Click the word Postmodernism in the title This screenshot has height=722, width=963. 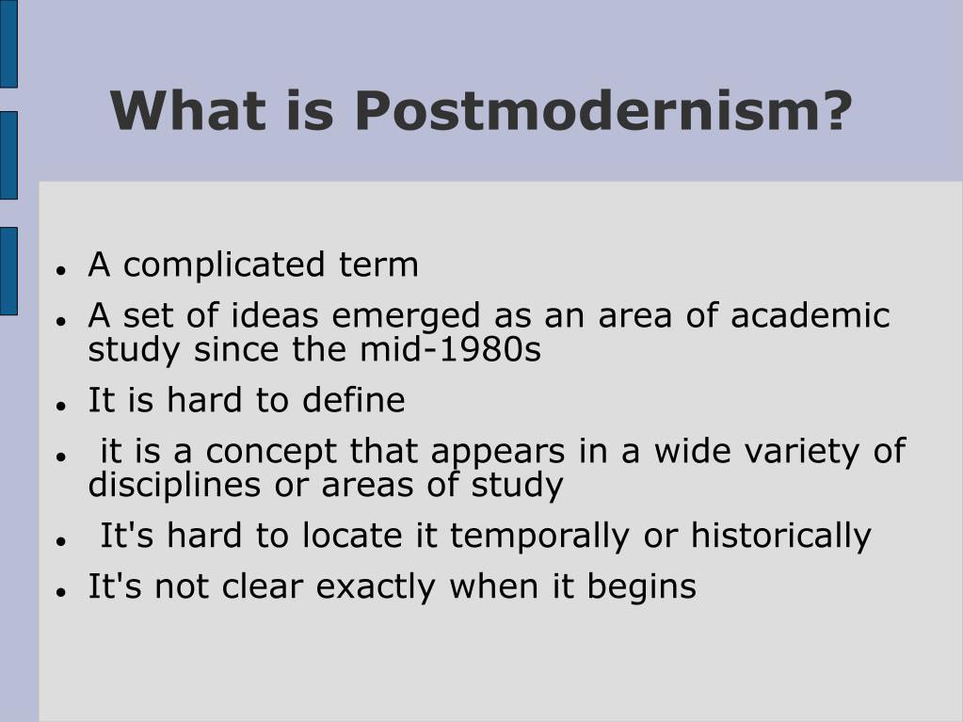[x=603, y=110]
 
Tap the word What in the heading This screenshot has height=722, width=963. [x=188, y=110]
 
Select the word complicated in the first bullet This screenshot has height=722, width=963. [x=223, y=265]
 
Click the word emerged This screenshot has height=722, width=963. [x=406, y=315]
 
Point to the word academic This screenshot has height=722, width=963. [x=811, y=315]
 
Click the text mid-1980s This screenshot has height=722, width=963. [x=450, y=349]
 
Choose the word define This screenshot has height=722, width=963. [x=354, y=400]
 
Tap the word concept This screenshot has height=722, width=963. [x=271, y=451]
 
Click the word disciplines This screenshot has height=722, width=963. [x=174, y=485]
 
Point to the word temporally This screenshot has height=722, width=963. [x=539, y=536]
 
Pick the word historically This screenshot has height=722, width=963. [x=780, y=536]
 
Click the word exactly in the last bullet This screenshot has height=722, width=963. [x=376, y=587]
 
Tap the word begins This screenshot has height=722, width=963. [x=642, y=587]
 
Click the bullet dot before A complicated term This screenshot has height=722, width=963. [x=60, y=269]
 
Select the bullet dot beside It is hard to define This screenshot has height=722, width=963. [x=60, y=405]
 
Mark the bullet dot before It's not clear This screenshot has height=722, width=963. [x=60, y=592]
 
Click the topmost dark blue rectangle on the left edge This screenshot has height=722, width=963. [x=8, y=43]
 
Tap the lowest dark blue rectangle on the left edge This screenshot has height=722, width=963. [x=8, y=271]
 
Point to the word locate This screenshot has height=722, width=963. [x=352, y=536]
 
